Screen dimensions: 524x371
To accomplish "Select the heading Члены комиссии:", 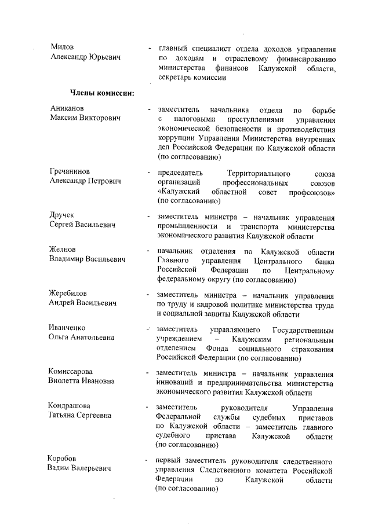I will pos(103,93).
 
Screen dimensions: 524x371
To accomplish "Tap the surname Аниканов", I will pos(67,108).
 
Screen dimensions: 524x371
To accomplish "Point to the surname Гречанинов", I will pos(71,171).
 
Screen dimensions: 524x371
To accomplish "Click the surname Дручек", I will pos(63,215).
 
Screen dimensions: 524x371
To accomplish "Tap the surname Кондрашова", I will pos(70,406).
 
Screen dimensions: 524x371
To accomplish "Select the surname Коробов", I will pos(62,458).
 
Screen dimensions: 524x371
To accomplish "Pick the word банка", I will pos(323,261).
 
